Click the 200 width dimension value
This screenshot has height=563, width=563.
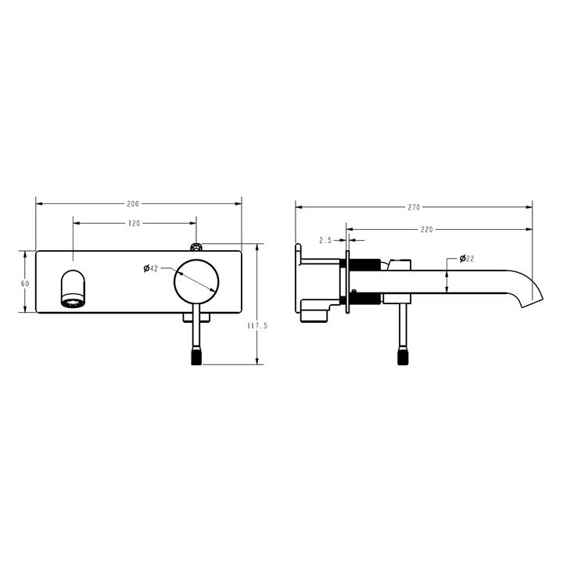tap(133, 204)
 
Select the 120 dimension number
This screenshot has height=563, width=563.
tap(134, 224)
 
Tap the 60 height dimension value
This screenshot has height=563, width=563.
tap(25, 283)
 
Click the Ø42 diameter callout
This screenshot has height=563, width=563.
tap(151, 268)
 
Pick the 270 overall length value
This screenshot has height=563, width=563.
tap(414, 207)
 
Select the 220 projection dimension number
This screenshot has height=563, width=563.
tap(427, 230)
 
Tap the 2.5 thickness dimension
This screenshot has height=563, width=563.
tap(327, 239)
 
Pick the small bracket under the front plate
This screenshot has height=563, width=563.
tap(195, 315)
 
